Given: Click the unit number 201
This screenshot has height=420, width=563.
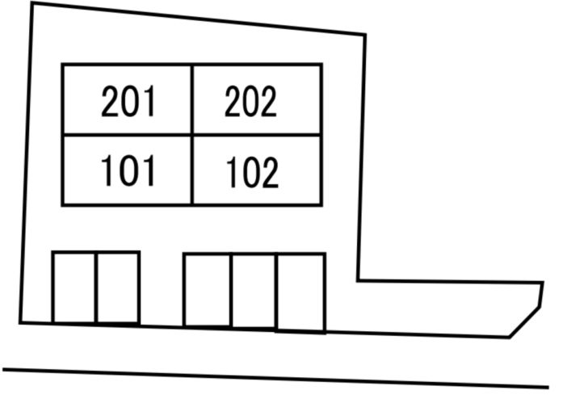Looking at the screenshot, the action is click(128, 101).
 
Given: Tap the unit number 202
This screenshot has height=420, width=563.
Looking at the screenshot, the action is click(250, 102).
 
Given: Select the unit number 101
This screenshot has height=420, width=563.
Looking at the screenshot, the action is click(128, 170).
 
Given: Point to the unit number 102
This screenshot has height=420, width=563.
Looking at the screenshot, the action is click(252, 172).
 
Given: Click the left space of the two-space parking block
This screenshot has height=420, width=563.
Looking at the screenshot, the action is click(74, 288).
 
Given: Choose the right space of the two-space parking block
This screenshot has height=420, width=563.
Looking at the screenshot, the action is click(118, 288).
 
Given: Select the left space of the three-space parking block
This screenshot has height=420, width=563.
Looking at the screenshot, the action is click(207, 291).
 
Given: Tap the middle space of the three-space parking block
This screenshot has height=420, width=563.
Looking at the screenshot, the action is click(254, 292).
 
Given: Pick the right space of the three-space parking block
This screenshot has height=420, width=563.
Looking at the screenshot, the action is click(301, 293).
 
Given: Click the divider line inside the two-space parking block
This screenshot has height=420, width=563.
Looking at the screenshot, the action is click(96, 288).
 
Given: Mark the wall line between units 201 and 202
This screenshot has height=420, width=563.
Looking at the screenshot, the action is click(192, 100).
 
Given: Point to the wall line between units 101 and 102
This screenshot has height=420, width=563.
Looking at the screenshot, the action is click(192, 170).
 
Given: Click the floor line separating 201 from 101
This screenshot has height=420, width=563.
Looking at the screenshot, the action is click(127, 135).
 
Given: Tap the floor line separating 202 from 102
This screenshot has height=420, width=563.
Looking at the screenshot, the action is click(257, 135).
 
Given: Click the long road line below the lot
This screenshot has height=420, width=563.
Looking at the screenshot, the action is click(275, 378).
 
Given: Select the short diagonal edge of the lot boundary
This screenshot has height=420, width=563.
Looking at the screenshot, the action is click(524, 322).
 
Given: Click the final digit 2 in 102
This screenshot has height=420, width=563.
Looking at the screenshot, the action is click(270, 172).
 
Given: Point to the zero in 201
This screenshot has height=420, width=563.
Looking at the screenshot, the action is click(128, 101).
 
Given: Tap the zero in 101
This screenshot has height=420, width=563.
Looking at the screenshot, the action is click(128, 170).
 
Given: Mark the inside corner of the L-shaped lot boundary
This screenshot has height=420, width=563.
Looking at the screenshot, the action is click(359, 280).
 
